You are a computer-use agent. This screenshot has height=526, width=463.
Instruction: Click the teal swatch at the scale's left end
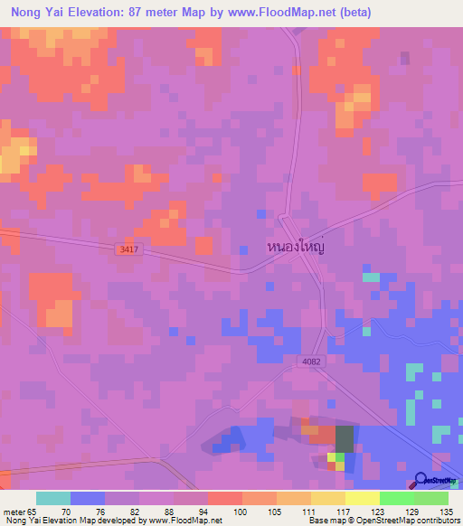[x=53, y=498]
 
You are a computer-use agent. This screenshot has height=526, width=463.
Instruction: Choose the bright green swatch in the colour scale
[x=397, y=498]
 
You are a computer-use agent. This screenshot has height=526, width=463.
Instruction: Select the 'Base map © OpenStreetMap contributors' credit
[x=383, y=521]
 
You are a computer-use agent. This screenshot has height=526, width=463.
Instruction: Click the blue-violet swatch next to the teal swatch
[x=88, y=498]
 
